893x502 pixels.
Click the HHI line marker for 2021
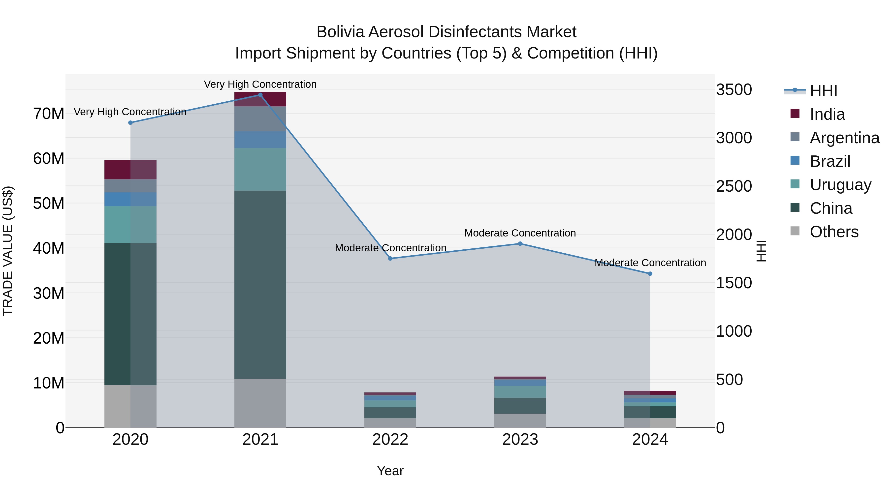[x=260, y=95]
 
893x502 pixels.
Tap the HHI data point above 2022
[x=390, y=259]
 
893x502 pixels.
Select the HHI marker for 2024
[x=650, y=274]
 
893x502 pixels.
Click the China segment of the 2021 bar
[x=260, y=284]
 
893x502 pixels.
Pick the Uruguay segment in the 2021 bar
[x=260, y=169]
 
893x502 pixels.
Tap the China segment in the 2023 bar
[x=520, y=405]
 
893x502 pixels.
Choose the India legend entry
[x=827, y=114]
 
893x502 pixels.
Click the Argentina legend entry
[x=844, y=138]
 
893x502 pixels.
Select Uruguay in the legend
[x=840, y=185]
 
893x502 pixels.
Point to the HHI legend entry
[x=823, y=91]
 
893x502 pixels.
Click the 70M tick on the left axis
[x=49, y=114]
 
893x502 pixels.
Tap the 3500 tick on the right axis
[x=734, y=90]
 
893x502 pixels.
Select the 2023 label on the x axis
[x=520, y=440]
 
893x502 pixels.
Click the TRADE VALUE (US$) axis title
[x=8, y=251]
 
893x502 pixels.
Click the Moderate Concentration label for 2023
[x=520, y=233]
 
